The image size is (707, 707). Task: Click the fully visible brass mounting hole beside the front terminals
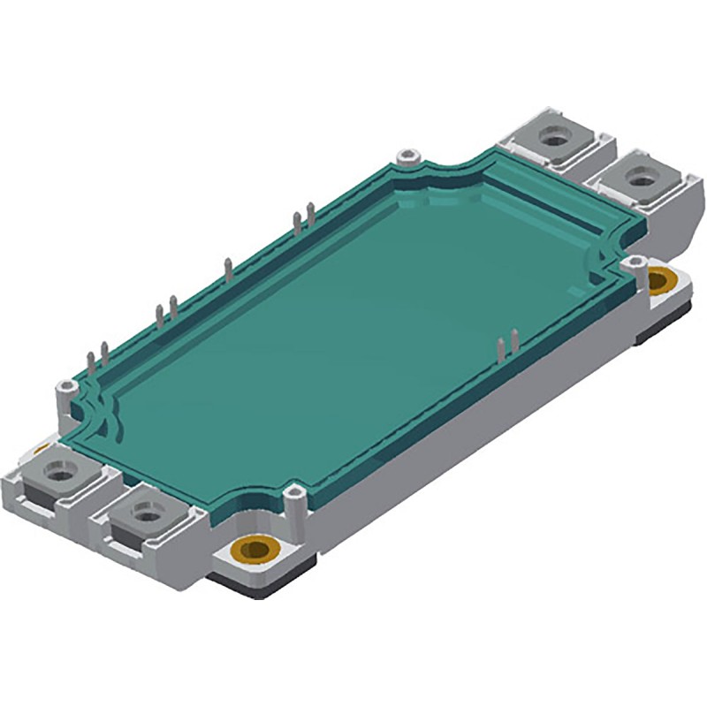258,549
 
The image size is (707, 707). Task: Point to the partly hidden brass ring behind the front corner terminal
41,451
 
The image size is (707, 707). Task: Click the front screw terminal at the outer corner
62,474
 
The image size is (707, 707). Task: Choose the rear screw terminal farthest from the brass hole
554,137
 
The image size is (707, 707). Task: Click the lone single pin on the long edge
228,270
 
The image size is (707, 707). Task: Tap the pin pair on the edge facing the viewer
506,346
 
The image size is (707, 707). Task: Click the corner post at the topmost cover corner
407,159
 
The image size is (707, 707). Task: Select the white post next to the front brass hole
298,491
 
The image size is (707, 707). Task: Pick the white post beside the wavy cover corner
65,389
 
